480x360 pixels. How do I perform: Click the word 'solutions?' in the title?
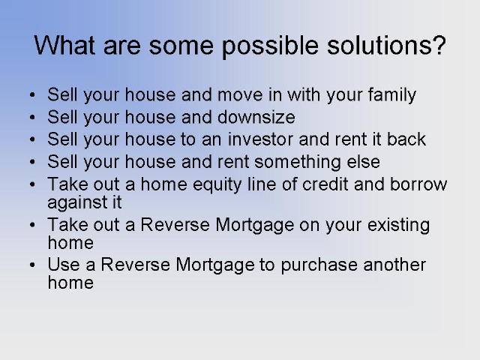point(386,45)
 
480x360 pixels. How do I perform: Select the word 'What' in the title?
point(64,45)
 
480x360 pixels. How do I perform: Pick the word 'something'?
point(298,163)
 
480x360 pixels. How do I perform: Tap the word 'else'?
point(363,162)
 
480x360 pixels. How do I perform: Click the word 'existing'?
point(398,226)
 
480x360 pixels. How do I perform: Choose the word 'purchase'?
point(319,265)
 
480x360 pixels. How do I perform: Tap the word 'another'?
point(394,265)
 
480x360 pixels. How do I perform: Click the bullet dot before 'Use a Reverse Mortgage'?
point(32,265)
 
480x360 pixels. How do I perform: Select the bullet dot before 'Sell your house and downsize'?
point(32,117)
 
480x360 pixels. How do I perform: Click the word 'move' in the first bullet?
point(240,95)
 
